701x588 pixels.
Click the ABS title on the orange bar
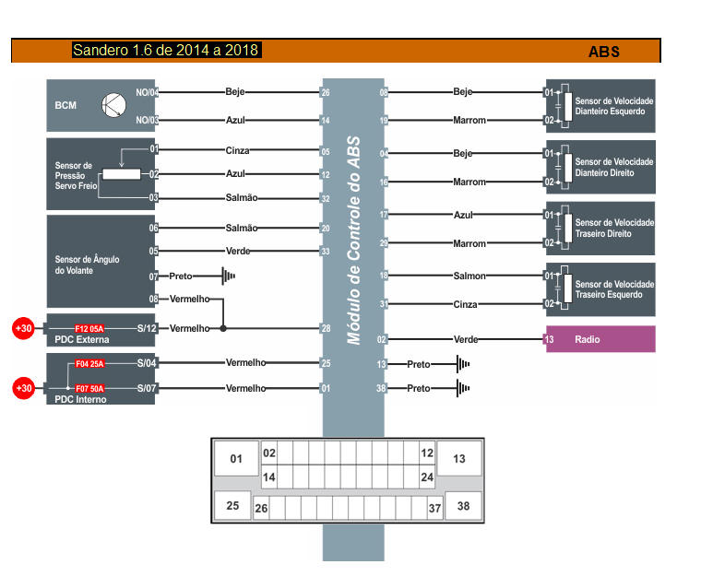604,52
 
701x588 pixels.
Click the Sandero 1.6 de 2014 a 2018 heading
167,50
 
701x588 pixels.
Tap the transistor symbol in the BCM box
113,106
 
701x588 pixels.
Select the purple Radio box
600,339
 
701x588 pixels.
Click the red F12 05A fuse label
89,328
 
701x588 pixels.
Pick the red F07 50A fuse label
89,389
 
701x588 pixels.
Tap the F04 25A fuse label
89,364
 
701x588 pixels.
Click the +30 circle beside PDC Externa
23,328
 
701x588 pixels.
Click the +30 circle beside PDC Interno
23,389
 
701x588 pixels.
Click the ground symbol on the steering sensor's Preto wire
226,276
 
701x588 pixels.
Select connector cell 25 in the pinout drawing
232,506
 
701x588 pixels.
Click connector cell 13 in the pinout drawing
459,458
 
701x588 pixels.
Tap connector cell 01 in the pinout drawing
237,458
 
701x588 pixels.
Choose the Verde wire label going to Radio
466,339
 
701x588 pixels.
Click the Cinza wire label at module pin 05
237,151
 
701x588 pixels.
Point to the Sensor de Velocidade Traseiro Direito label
614,229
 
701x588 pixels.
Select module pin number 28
326,328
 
